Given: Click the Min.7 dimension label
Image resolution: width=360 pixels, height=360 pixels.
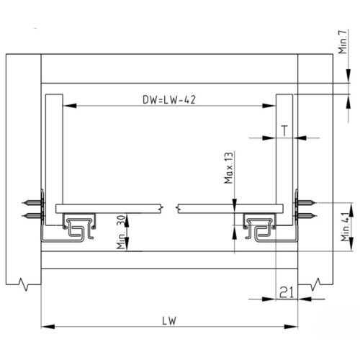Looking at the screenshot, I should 341,45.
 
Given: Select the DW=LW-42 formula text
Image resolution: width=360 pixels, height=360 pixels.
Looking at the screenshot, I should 167,100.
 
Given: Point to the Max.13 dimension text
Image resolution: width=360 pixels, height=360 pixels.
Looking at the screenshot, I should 228,168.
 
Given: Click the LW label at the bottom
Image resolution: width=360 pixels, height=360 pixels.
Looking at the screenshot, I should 170,320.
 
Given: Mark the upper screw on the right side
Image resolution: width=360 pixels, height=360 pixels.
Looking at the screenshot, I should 307,202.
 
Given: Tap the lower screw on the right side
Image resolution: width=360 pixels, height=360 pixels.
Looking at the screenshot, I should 307,215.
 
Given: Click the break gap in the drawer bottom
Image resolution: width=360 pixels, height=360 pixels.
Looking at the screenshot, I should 170,209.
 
